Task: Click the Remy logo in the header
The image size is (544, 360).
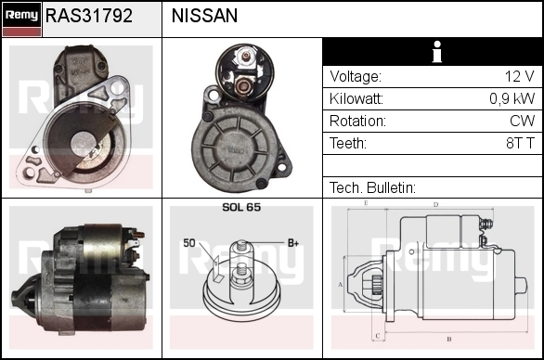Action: (21, 19)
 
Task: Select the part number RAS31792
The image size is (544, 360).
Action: (89, 16)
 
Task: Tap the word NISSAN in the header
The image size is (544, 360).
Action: (204, 16)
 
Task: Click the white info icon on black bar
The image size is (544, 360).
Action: (437, 52)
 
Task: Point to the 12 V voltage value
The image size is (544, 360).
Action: (519, 76)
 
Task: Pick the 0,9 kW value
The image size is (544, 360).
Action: (512, 99)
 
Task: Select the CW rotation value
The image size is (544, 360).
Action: (523, 121)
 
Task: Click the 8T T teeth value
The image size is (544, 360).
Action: (521, 143)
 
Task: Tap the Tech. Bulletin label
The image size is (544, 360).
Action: (372, 187)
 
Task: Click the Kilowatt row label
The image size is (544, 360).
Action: (356, 99)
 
